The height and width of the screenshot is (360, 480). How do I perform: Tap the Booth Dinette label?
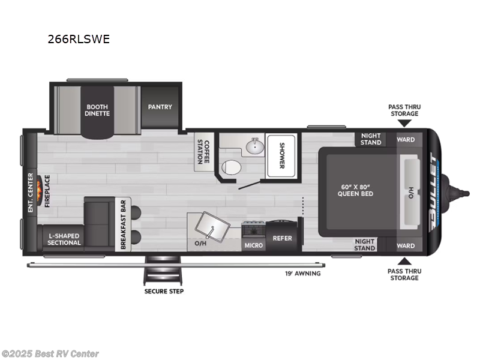(x=97, y=110)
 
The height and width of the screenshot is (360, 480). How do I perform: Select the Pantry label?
(x=160, y=107)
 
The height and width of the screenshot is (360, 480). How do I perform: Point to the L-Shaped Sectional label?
(x=64, y=239)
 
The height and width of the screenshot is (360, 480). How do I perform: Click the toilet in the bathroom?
(x=229, y=167)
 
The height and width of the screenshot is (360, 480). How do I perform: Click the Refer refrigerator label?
(x=282, y=238)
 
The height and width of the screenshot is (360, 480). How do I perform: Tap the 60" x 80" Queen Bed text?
(x=357, y=190)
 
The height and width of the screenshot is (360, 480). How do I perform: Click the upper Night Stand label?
(x=371, y=139)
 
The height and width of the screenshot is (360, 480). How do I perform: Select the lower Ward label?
(x=406, y=245)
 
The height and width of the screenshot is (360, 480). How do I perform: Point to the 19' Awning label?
(x=302, y=274)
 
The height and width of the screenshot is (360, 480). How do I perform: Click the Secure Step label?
(x=163, y=292)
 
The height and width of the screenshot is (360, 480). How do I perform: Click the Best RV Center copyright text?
(x=50, y=354)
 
